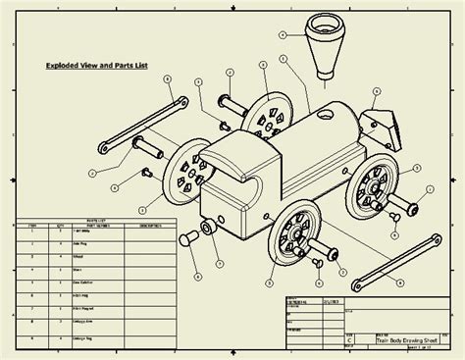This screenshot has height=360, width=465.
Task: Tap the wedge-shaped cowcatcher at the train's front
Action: tap(377, 129)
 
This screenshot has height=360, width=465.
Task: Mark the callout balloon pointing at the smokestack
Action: tap(283, 32)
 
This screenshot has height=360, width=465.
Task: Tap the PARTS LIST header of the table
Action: tap(95, 222)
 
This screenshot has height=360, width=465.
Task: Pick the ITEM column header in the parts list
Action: tap(30, 227)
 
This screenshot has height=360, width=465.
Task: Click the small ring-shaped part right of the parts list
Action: tap(208, 228)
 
